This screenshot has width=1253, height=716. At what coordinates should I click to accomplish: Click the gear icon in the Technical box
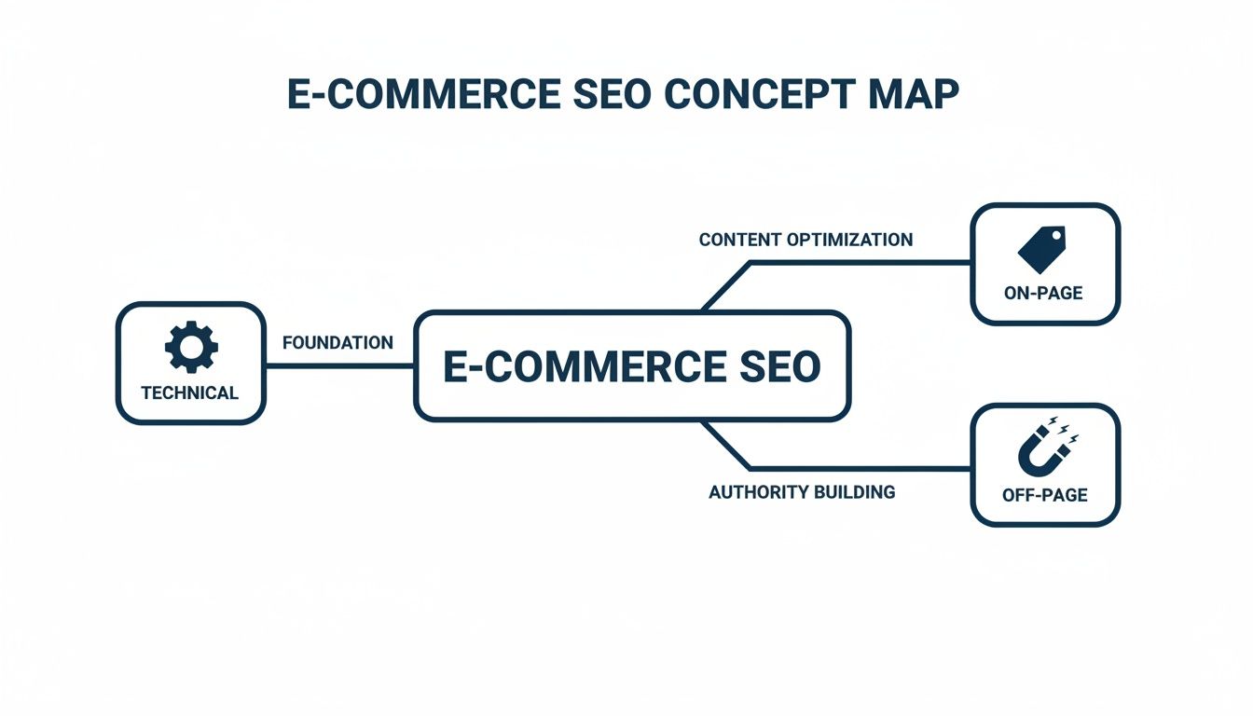point(191,349)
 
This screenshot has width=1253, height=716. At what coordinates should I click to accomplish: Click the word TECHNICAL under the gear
point(190,392)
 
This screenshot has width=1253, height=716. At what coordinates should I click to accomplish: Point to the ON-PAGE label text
point(1043,293)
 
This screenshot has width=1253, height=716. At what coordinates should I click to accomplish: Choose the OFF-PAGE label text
point(1044,495)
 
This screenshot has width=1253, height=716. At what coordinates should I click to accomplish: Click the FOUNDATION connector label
point(337,343)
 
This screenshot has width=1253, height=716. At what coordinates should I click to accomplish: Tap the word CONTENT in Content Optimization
point(739,240)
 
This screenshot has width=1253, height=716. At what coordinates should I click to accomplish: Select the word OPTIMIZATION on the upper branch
point(849,240)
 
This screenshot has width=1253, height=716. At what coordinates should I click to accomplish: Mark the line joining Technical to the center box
point(340,365)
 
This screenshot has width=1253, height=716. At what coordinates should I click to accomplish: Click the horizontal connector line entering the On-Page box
point(862,263)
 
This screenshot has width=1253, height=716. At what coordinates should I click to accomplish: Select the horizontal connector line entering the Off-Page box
point(862,468)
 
